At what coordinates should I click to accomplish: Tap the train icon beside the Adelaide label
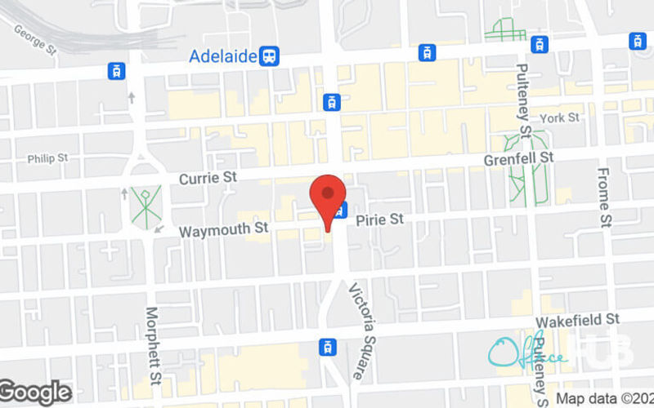[270, 56]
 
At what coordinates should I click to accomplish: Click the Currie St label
[208, 178]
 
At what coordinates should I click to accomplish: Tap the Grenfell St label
[518, 157]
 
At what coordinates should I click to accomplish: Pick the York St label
[559, 118]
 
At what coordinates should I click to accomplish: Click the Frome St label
[604, 197]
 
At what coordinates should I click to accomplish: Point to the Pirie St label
[379, 220]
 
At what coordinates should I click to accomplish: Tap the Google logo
[35, 392]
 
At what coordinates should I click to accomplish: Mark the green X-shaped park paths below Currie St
[145, 206]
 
